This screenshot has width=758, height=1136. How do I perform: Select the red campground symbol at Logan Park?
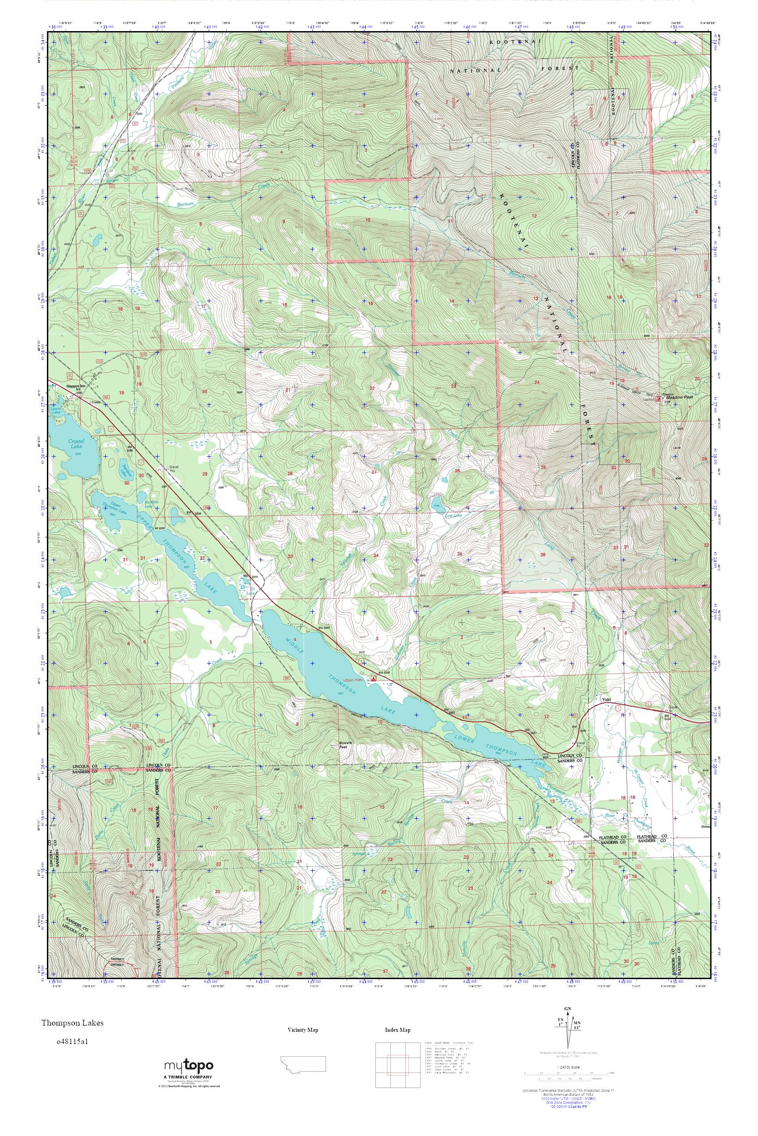pyautogui.click(x=374, y=678)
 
